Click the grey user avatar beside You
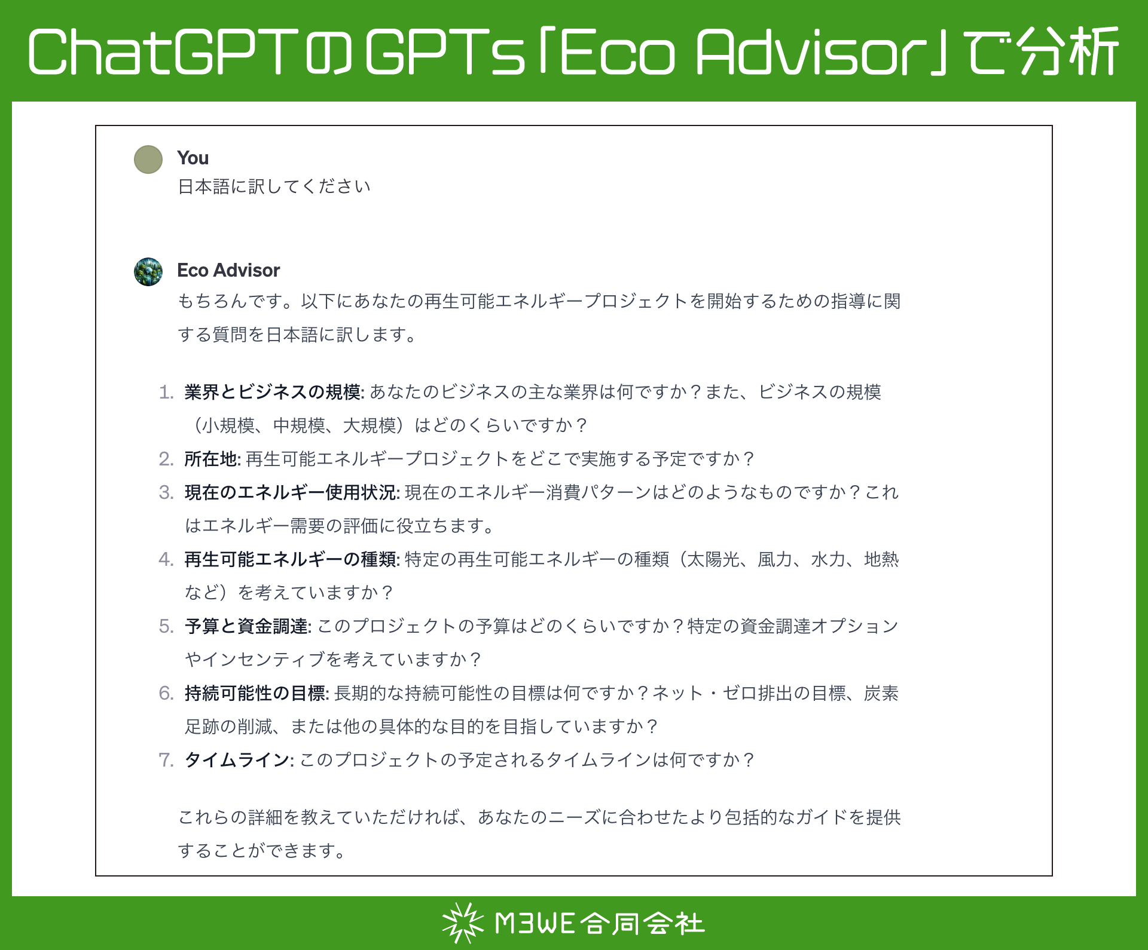pos(148,160)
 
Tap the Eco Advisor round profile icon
pos(148,272)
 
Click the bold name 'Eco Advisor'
pos(228,270)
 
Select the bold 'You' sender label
pos(193,158)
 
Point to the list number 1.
pos(166,392)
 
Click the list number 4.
pos(166,559)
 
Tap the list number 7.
pos(166,760)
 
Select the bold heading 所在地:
pos(212,459)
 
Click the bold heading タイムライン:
pos(239,760)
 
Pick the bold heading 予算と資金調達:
pos(248,626)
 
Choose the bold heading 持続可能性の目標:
pos(257,693)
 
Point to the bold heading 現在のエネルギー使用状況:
pos(292,492)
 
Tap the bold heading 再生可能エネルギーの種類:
pos(292,559)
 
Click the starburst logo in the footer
pos(462,923)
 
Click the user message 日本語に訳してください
pos(274,186)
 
